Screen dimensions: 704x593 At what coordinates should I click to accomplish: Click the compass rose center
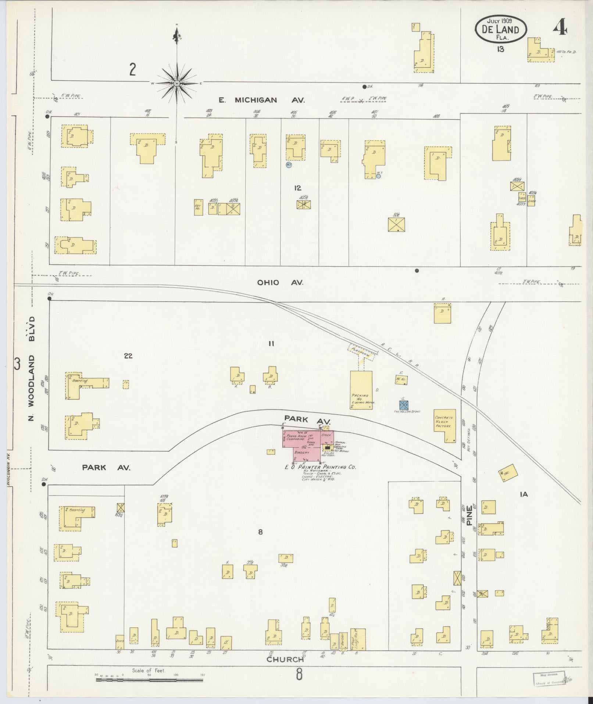(x=177, y=84)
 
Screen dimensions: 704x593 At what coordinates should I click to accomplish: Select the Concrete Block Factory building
(x=444, y=425)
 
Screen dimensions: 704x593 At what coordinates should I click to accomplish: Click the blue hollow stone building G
(x=404, y=404)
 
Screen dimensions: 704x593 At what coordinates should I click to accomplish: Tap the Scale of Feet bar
(x=149, y=680)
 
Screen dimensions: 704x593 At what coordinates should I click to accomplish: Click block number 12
(x=297, y=188)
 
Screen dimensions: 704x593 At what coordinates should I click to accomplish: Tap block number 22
(x=128, y=356)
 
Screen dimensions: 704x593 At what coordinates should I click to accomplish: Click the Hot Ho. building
(x=198, y=207)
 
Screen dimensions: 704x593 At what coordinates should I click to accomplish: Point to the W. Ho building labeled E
(x=401, y=379)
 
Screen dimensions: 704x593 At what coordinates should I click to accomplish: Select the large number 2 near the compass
(x=133, y=70)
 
